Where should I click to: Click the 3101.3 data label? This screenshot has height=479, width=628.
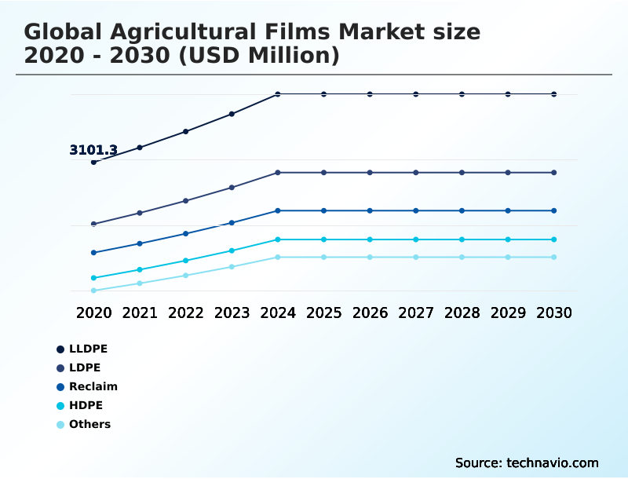click(93, 150)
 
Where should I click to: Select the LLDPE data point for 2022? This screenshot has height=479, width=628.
click(186, 131)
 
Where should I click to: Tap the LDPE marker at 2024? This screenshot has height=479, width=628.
click(278, 173)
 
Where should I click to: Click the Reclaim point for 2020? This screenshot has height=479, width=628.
click(93, 253)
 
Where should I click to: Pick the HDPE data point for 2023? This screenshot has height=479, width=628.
click(232, 250)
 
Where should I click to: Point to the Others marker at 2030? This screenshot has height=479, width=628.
click(554, 258)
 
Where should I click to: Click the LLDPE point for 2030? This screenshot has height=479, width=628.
click(554, 94)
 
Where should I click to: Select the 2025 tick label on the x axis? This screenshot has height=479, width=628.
click(323, 313)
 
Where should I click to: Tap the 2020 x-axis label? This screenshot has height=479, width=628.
click(93, 313)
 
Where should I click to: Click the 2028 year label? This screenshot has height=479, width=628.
click(462, 313)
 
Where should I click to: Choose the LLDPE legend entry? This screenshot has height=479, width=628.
click(87, 349)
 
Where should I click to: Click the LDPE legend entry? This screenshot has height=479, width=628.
click(84, 367)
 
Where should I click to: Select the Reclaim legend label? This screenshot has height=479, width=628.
click(93, 386)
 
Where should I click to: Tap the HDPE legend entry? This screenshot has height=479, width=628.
click(86, 405)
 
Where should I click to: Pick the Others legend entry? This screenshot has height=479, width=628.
click(89, 424)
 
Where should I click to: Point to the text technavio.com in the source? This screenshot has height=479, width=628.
click(550, 463)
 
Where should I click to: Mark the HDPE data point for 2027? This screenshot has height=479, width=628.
click(416, 239)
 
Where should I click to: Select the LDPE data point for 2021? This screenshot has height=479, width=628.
click(140, 213)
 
